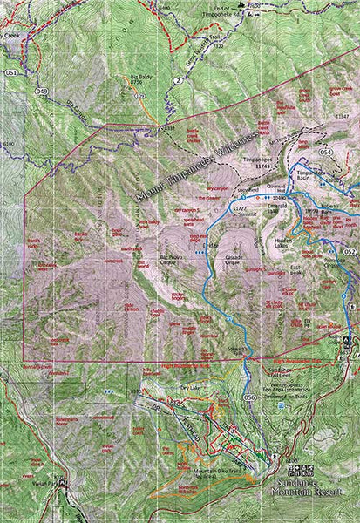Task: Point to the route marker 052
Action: pyautogui.click(x=350, y=251)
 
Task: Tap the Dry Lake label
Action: pyautogui.click(x=190, y=387)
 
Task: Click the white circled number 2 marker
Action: pyautogui.click(x=176, y=80)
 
